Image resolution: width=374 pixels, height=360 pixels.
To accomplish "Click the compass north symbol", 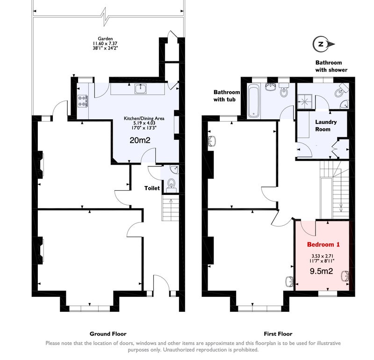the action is click(324, 44).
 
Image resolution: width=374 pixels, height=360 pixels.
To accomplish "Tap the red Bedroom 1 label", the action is click(323, 245).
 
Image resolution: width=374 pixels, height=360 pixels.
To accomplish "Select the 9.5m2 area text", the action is click(321, 271).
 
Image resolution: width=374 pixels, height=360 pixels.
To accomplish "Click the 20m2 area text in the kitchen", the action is click(140, 140).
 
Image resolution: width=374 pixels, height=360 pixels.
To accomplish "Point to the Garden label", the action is click(105, 38).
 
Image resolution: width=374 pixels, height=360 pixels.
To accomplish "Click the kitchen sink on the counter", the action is click(141, 89).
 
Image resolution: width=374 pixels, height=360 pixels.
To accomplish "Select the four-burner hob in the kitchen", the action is click(83, 101).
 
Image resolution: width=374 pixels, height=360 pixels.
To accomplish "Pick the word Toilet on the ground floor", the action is click(152, 188).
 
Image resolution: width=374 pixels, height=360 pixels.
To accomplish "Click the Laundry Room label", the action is click(326, 125).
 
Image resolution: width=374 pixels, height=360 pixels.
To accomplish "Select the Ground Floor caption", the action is click(108, 334).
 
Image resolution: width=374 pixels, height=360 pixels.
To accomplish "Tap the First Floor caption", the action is click(278, 334).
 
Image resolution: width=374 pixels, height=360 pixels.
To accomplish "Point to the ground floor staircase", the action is click(171, 208).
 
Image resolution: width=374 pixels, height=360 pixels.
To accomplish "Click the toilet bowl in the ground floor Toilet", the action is click(171, 184).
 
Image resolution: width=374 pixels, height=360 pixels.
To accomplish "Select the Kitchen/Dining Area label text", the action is click(144, 118).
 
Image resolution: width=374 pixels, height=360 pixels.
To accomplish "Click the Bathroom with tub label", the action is click(226, 96).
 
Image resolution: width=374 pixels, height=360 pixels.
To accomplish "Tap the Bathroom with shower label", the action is click(331, 66).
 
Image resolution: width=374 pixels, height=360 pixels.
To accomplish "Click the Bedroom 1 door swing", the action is click(307, 228).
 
